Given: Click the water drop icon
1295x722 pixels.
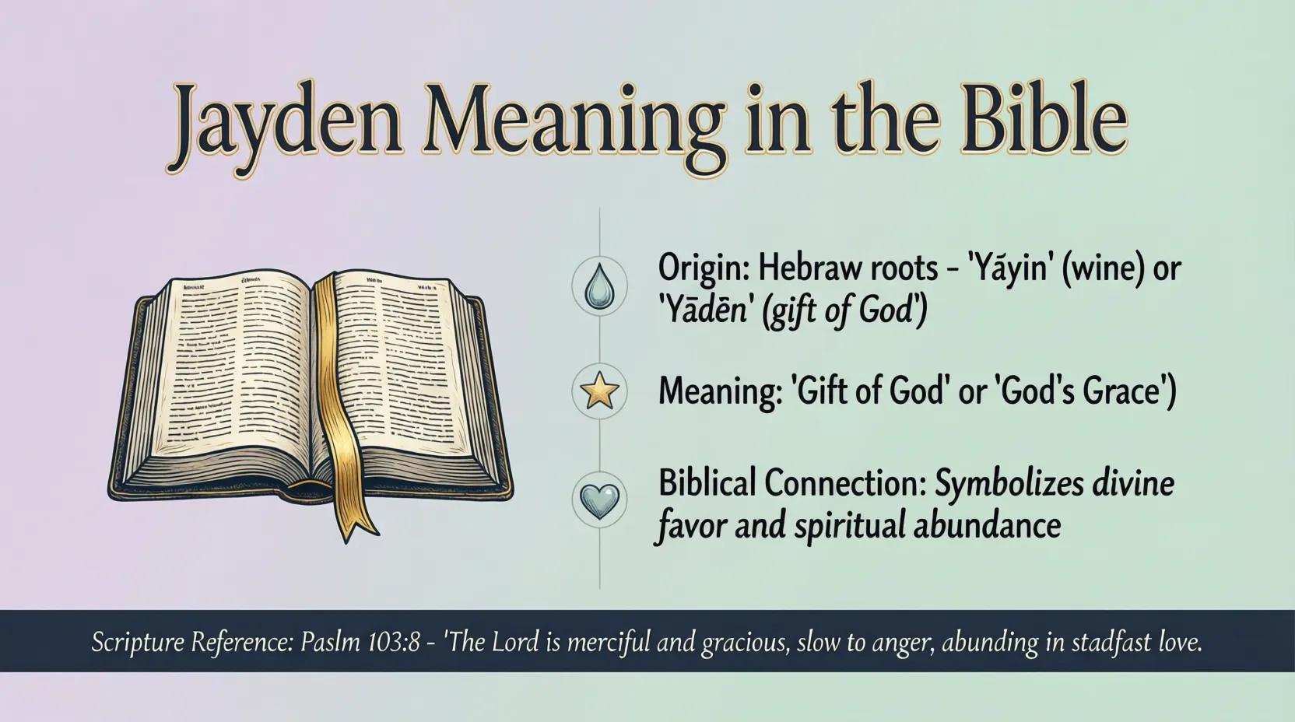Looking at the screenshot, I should pos(599,286).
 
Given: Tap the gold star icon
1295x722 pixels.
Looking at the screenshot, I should pos(599,391).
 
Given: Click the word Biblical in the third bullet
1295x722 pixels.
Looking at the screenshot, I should pos(707,483).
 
